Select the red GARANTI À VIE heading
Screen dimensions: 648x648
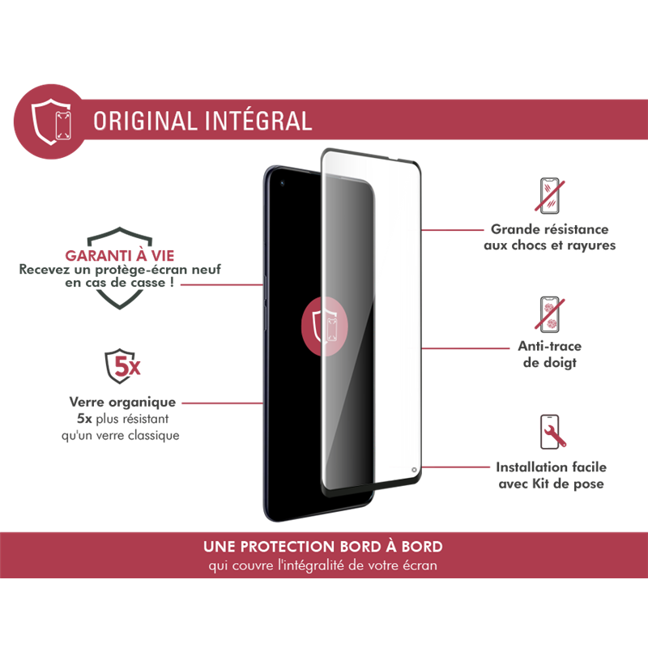pyautogui.click(x=120, y=254)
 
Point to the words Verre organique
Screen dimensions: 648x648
pyautogui.click(x=123, y=402)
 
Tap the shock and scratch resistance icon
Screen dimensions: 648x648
pyautogui.click(x=551, y=195)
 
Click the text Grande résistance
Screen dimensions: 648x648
pyautogui.click(x=550, y=230)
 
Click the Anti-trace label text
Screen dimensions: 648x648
pyautogui.click(x=550, y=347)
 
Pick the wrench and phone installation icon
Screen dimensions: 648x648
pyautogui.click(x=551, y=433)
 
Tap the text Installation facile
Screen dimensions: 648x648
pyautogui.click(x=551, y=467)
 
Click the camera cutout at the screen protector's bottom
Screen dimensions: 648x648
pyautogui.click(x=414, y=468)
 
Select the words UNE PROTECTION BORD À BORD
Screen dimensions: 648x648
pyautogui.click(x=323, y=547)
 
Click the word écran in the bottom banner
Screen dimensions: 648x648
pyautogui.click(x=418, y=565)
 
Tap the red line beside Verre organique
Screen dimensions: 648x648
pyautogui.click(x=222, y=402)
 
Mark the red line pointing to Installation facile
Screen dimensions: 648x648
pyautogui.click(x=454, y=467)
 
